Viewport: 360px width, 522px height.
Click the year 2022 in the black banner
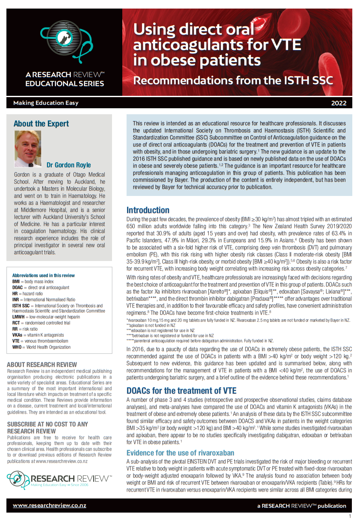tap(339, 103)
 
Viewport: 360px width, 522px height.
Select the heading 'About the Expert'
tap(41, 124)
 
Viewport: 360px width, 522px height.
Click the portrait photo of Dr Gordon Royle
tap(28, 148)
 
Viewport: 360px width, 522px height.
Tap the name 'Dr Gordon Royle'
tap(68, 165)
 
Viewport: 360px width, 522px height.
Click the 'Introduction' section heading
tap(148, 210)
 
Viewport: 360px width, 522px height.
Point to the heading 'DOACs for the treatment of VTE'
tap(181, 390)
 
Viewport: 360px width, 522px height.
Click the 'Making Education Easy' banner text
tap(46, 103)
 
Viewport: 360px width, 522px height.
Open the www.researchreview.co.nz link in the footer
tap(49, 505)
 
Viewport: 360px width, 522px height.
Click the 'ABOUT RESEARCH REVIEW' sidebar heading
tap(42, 365)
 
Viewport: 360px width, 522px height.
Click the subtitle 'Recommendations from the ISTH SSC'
tap(233, 80)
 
